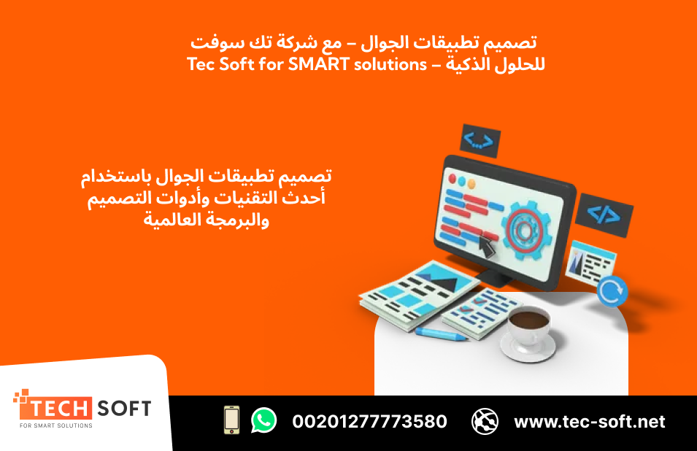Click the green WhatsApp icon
tap(263, 420)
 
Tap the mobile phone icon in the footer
tap(232, 420)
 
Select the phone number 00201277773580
tap(369, 421)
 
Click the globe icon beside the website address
tap(485, 421)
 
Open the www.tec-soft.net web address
tap(590, 421)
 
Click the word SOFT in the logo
tap(123, 408)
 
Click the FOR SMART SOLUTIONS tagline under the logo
tap(56, 425)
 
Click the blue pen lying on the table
tap(441, 334)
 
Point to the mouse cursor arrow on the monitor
tap(485, 247)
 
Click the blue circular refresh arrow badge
tap(612, 290)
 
